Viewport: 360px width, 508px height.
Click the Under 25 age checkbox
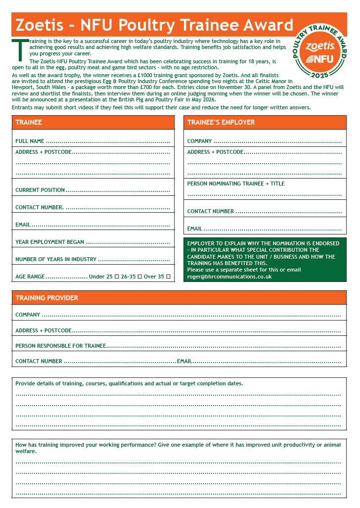[x=116, y=277]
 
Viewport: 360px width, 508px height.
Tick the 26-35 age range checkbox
[x=139, y=277]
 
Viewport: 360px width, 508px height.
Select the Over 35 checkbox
[x=168, y=277]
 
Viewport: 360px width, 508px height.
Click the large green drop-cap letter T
[x=19, y=50]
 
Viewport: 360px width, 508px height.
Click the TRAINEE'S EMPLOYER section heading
[x=221, y=122]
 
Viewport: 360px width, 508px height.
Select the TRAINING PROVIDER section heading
[x=46, y=298]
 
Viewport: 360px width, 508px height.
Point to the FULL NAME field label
[x=30, y=141]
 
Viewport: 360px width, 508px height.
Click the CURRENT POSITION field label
[x=40, y=190]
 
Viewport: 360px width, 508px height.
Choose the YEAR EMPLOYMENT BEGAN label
[x=49, y=242]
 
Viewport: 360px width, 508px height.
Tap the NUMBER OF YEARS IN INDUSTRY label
[x=56, y=259]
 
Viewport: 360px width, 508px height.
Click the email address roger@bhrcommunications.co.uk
[x=229, y=277]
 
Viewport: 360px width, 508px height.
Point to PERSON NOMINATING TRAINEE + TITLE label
[x=236, y=184]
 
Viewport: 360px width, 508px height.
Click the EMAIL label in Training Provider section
[x=184, y=361]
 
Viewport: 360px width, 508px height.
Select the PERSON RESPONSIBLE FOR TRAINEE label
[x=60, y=346]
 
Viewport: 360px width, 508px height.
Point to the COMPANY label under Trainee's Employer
[x=199, y=141]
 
